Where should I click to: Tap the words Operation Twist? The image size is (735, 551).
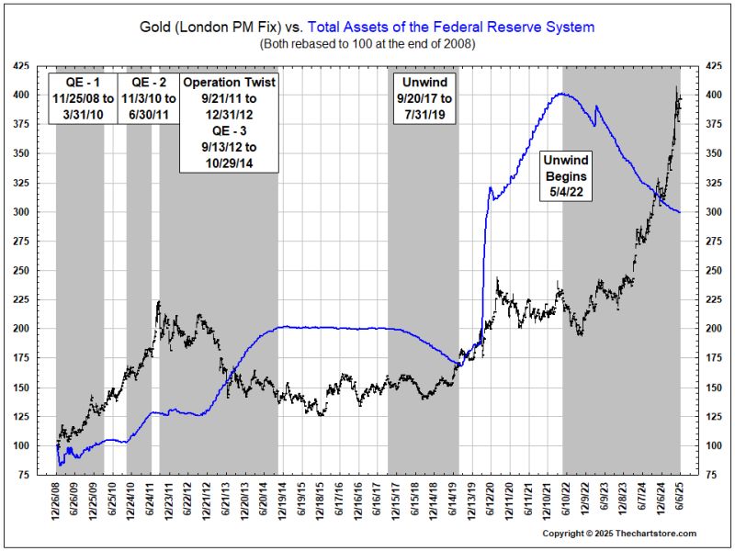point(229,82)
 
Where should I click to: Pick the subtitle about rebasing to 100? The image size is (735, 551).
point(367,43)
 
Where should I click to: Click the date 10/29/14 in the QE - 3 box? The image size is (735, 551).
point(229,163)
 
